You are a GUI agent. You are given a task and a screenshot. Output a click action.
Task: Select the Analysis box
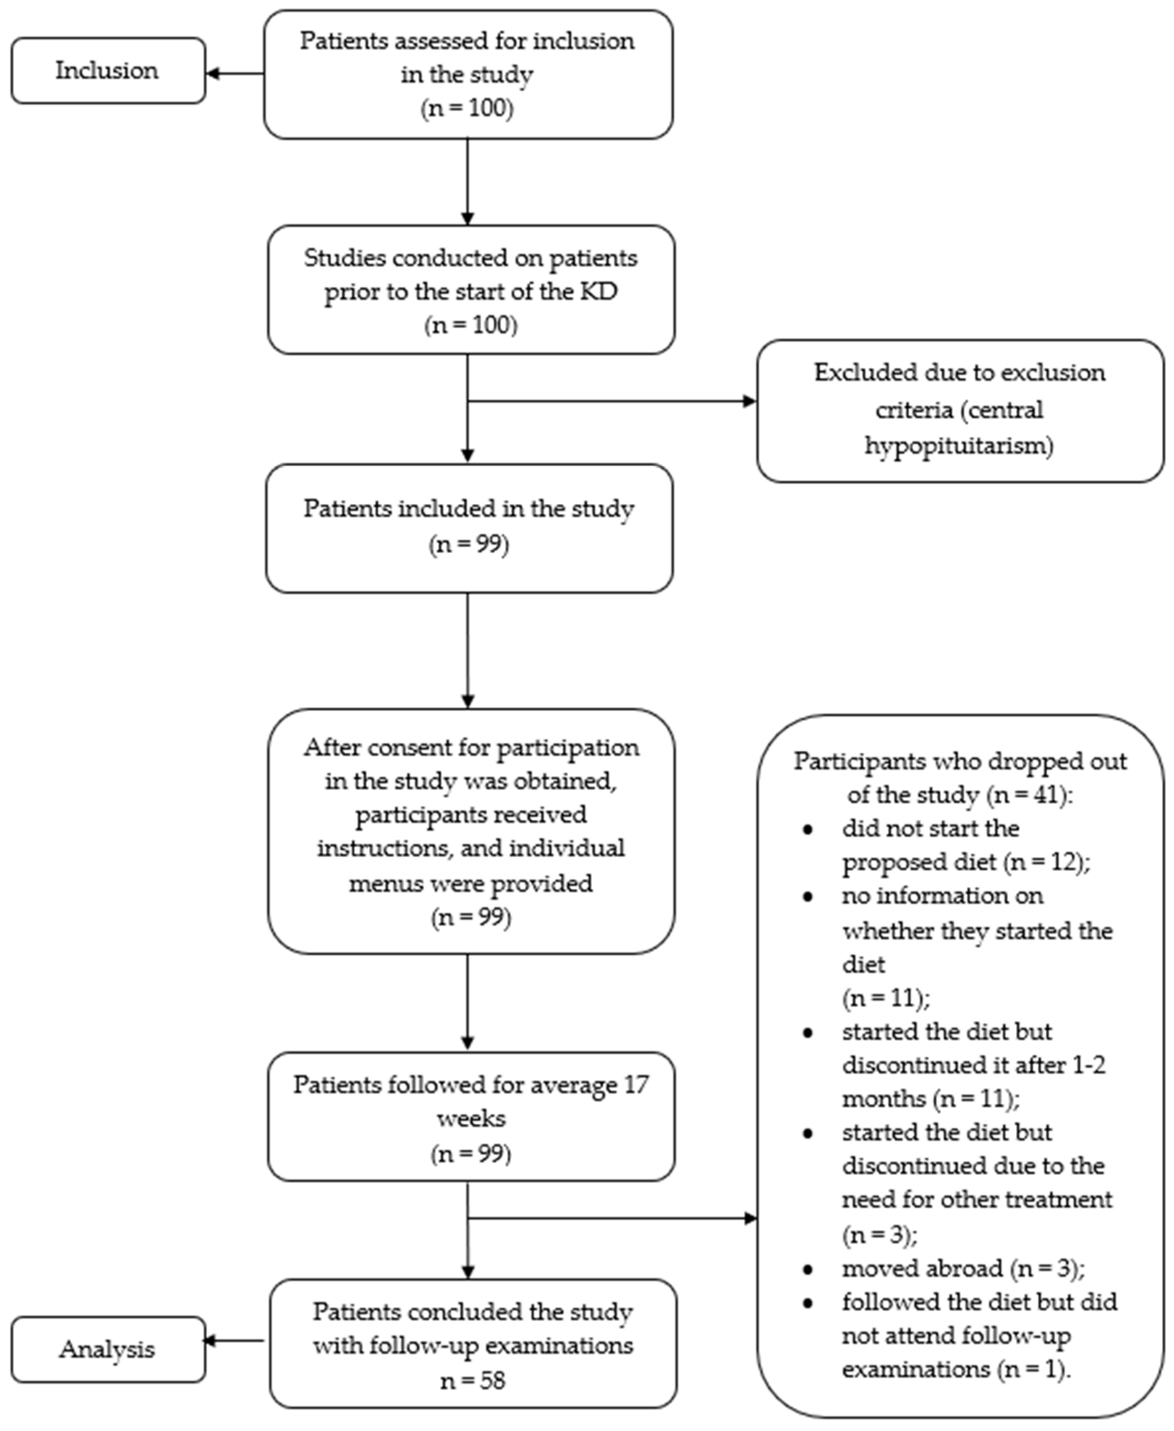click(x=107, y=1350)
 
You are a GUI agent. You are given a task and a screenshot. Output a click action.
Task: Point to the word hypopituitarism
click(x=959, y=446)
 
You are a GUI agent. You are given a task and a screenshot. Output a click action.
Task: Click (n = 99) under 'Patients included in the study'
click(x=469, y=544)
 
